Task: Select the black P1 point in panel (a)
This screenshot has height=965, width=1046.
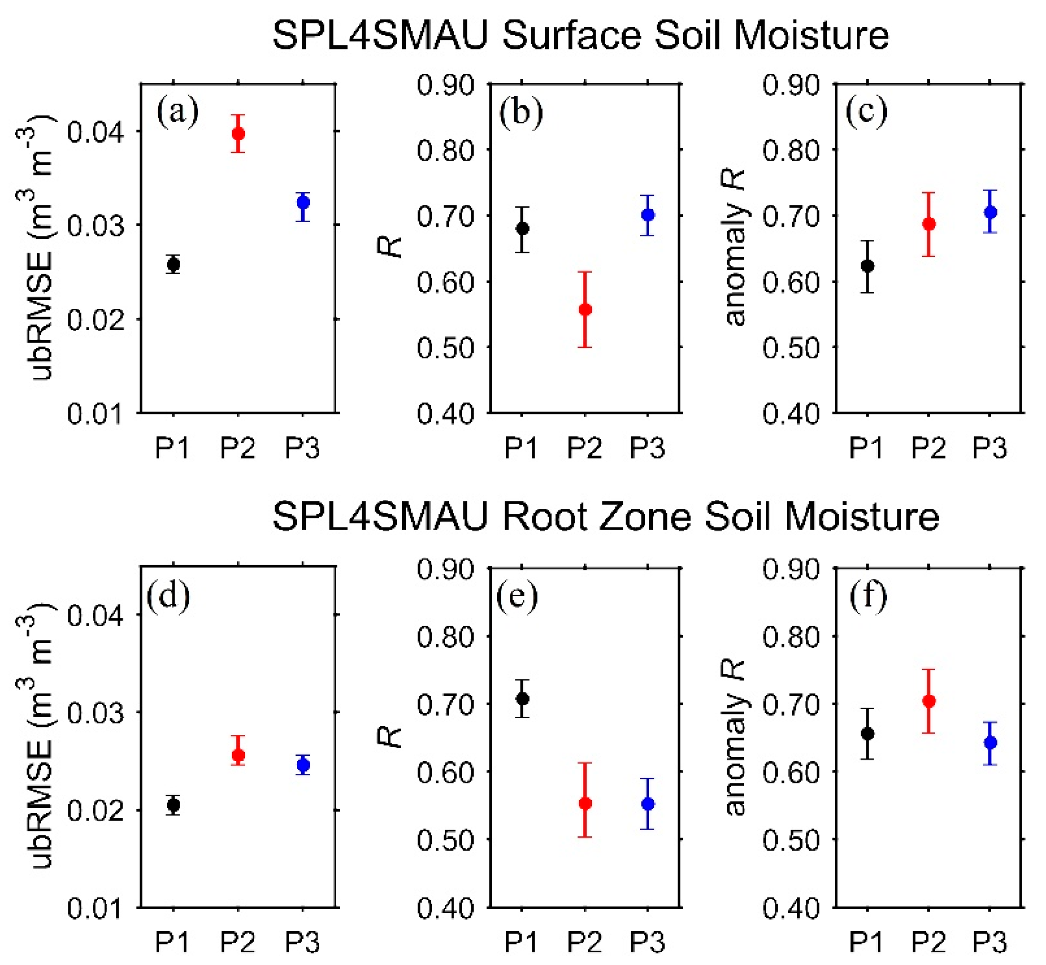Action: (x=173, y=265)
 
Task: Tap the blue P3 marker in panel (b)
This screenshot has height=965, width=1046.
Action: (x=648, y=214)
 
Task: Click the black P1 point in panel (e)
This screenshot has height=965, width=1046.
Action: (x=522, y=699)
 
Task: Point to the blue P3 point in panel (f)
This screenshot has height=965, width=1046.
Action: (x=990, y=742)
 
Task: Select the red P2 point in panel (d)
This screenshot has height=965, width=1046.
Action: (x=238, y=755)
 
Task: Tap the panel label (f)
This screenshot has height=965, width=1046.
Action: (x=867, y=596)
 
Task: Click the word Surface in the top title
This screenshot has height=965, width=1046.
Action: (x=571, y=36)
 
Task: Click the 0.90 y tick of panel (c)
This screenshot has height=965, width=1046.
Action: (x=790, y=85)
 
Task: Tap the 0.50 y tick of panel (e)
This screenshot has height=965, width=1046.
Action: (x=445, y=840)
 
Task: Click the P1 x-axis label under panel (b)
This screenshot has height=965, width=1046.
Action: (x=521, y=448)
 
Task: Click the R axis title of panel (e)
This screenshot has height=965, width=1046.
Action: (x=390, y=738)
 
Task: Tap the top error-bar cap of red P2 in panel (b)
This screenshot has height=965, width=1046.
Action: (x=585, y=272)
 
